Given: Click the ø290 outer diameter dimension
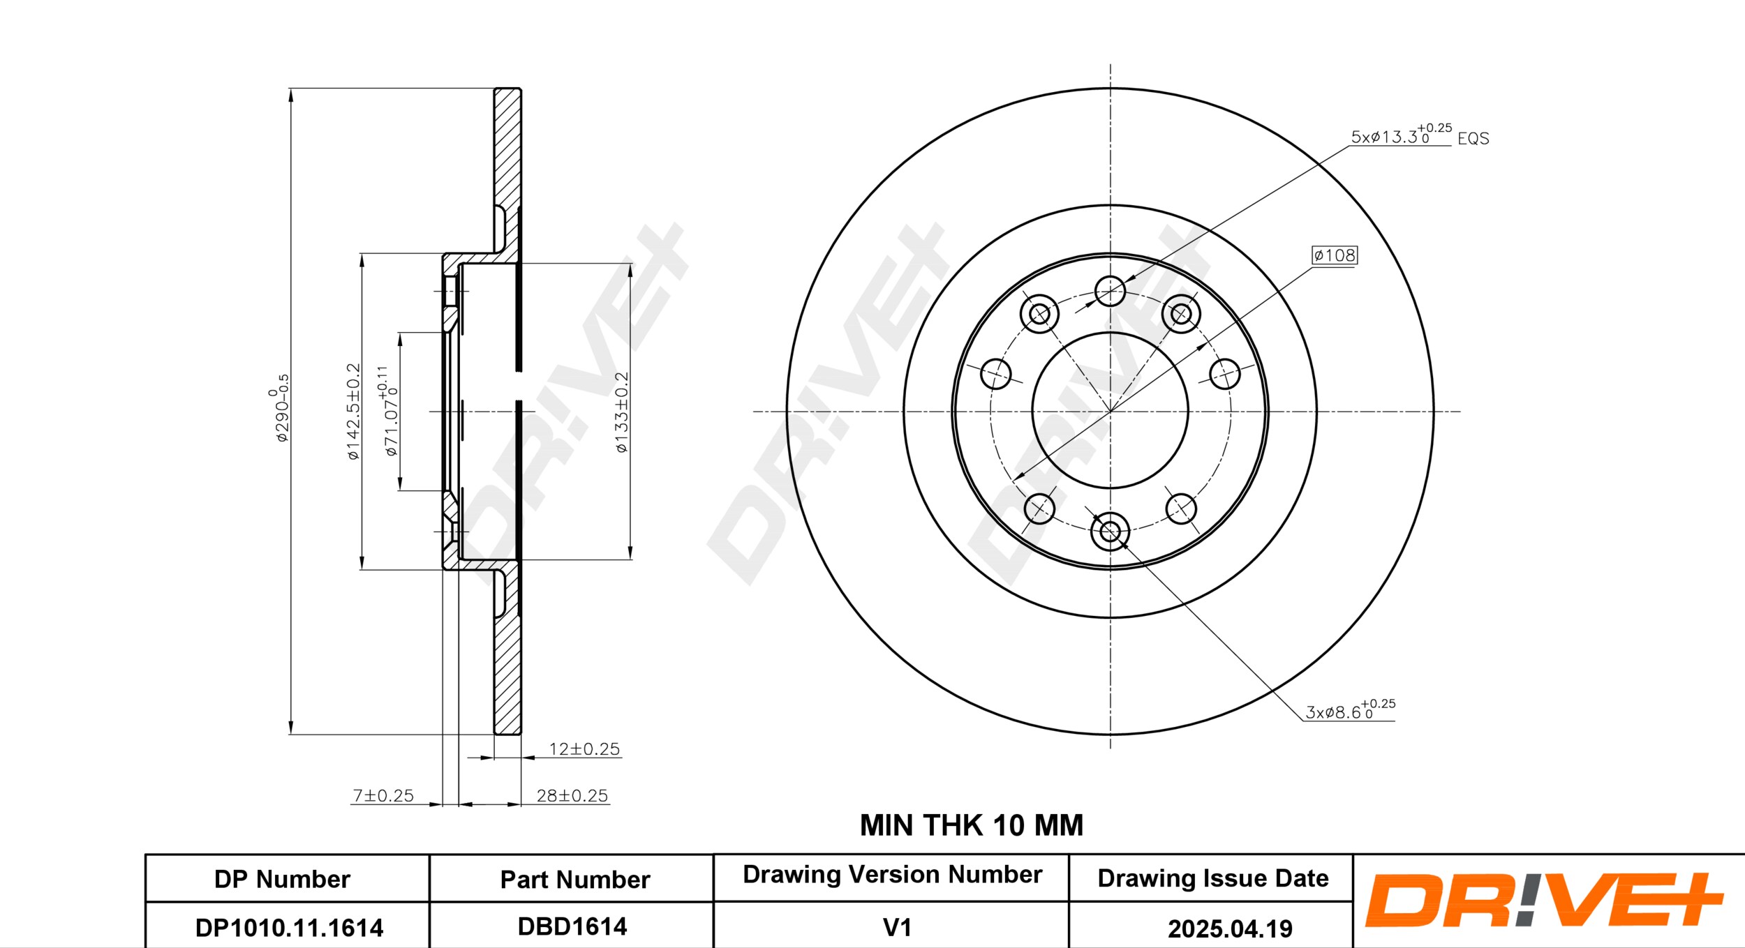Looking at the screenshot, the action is click(x=279, y=408).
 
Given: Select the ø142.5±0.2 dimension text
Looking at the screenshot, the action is click(x=353, y=412).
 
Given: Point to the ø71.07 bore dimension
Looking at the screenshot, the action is click(x=388, y=412).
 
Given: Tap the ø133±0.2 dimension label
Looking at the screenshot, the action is click(x=621, y=412).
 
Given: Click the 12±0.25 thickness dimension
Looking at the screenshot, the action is click(x=584, y=749).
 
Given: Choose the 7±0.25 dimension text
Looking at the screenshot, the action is click(x=383, y=795).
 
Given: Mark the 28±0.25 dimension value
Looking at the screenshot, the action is click(x=572, y=795).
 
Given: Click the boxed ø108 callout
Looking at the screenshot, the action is click(x=1335, y=255).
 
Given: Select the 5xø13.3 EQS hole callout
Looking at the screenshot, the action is click(x=1420, y=135).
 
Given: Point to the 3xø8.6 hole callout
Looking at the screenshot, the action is click(x=1350, y=709).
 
